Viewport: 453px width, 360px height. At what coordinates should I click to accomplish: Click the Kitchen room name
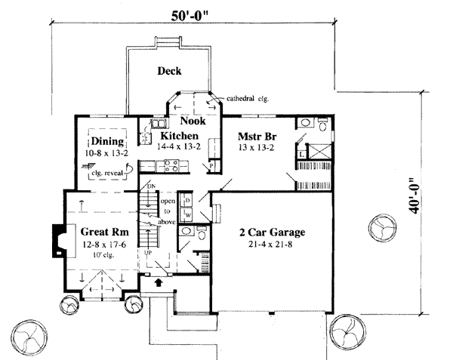click(178, 136)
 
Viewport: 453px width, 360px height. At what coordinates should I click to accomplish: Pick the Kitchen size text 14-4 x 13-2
click(178, 147)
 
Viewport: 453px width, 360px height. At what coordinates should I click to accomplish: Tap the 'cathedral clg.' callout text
click(248, 98)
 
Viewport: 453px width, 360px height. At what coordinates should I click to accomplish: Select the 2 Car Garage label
click(272, 231)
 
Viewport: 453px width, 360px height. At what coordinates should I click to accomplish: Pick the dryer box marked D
click(187, 200)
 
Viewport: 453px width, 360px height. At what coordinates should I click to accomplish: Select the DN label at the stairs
click(151, 186)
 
